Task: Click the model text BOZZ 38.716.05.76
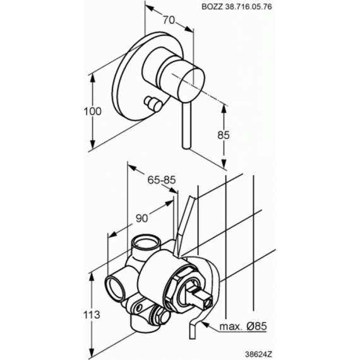coord(237,7)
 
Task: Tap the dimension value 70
coord(169,20)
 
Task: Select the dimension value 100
coord(92,112)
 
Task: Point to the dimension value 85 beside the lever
coord(224,135)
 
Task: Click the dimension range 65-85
coord(162,180)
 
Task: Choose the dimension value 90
coord(141,218)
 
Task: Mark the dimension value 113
coord(92,315)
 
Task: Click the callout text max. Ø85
coord(243,326)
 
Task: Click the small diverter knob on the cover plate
coord(152,104)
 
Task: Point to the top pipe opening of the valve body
coord(147,242)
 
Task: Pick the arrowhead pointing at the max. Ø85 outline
coord(205,324)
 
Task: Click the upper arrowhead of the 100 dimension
coord(92,78)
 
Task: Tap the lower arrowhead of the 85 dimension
coord(224,164)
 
